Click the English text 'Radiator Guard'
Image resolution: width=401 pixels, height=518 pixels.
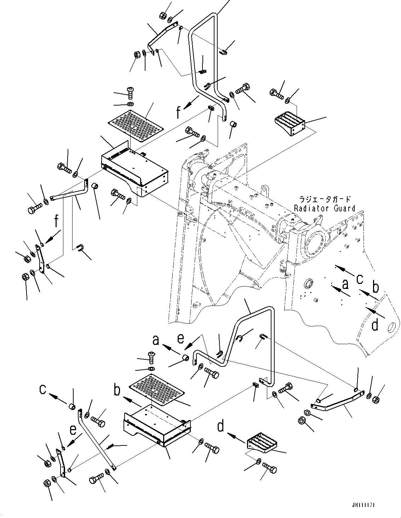coord(325,208)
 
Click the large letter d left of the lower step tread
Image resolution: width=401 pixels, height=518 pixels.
coord(221,426)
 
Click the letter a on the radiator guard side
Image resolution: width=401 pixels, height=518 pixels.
coord(345,284)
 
